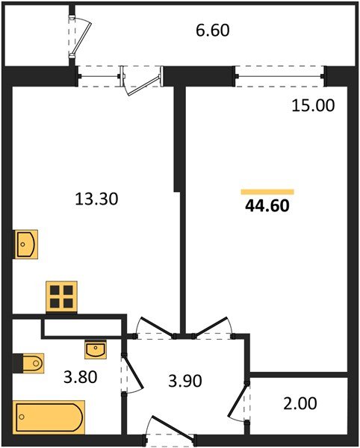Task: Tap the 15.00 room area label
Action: pyautogui.click(x=313, y=105)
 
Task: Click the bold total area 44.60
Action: pyautogui.click(x=267, y=205)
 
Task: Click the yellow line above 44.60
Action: pyautogui.click(x=267, y=191)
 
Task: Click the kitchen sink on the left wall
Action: pyautogui.click(x=26, y=243)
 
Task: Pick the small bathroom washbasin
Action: pyautogui.click(x=96, y=348)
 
